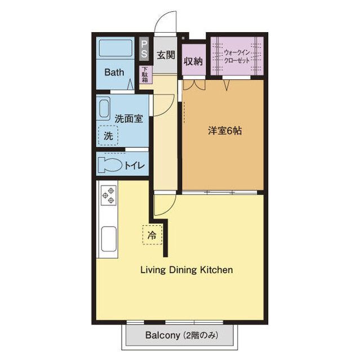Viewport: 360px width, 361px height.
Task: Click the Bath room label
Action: tap(114, 72)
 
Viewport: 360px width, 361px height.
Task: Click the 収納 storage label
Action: tap(193, 61)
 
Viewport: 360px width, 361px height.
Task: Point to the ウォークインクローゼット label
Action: tap(236, 55)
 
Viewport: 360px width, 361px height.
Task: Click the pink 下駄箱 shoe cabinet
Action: tap(145, 75)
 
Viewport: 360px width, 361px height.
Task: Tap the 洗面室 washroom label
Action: tap(128, 118)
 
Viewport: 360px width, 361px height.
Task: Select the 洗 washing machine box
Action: tap(108, 135)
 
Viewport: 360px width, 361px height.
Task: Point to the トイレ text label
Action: tap(135, 165)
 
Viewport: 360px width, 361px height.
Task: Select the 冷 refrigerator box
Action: tap(152, 234)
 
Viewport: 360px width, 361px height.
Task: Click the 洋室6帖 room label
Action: tap(225, 130)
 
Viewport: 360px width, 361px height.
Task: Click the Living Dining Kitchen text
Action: tap(186, 270)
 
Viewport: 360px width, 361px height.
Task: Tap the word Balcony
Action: tap(162, 335)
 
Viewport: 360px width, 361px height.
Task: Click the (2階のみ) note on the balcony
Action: tap(199, 335)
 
